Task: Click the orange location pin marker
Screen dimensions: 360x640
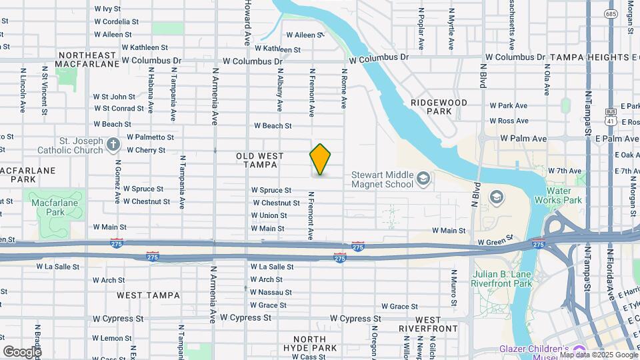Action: pos(320,159)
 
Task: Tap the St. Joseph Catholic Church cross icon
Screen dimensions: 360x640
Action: pos(114,144)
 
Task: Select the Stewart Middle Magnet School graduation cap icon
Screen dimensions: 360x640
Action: pos(423,179)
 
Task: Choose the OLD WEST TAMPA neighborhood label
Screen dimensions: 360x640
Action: pos(259,160)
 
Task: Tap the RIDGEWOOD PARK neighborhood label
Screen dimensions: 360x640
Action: pos(439,107)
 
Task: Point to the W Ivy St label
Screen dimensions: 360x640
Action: pos(107,9)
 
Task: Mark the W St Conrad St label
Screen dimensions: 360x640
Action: pos(119,108)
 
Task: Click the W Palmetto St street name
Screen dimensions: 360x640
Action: pos(150,137)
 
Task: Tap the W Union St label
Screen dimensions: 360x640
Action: pos(269,215)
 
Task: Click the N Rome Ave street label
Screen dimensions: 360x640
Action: pos(344,89)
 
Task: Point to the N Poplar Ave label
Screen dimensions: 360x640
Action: pos(421,29)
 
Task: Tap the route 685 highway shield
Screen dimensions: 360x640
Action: pos(611,13)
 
